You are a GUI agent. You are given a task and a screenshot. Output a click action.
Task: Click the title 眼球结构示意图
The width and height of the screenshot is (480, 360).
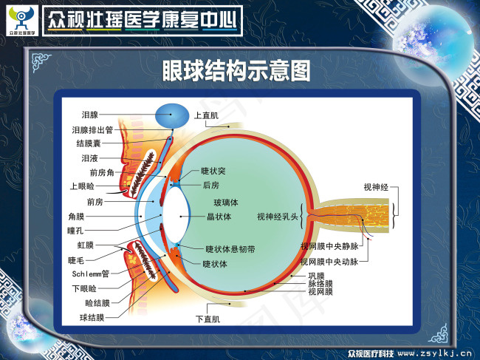click(236, 72)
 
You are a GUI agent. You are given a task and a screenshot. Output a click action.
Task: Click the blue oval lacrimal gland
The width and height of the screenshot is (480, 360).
click(172, 114)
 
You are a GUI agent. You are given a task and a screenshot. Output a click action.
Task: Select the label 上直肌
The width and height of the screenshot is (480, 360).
click(206, 115)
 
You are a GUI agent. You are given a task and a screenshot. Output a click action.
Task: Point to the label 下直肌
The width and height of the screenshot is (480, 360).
click(208, 319)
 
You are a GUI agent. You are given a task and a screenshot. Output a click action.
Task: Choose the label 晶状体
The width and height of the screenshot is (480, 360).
click(219, 217)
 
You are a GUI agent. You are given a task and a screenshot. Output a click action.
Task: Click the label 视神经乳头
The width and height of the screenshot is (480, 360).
click(277, 217)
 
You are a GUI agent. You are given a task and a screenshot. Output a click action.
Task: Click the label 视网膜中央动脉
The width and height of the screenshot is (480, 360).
click(329, 262)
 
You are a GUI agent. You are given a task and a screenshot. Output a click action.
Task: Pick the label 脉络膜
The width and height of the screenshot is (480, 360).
click(320, 284)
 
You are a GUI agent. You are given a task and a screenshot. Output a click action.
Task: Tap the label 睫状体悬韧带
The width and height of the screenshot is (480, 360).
click(230, 250)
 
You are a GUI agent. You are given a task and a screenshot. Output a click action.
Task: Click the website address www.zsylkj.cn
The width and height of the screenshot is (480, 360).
click(436, 353)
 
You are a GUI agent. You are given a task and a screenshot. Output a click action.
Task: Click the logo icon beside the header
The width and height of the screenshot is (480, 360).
click(21, 18)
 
